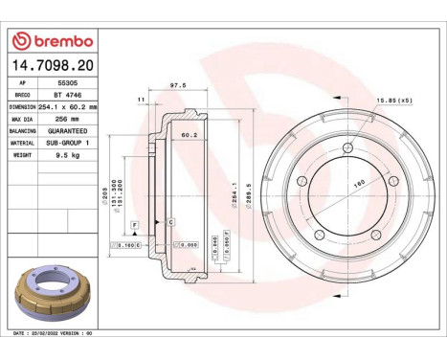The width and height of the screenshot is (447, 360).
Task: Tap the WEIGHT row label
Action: [24, 152]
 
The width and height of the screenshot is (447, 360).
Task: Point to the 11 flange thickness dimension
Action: [140, 99]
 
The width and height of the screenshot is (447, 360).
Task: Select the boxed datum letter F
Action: [135, 222]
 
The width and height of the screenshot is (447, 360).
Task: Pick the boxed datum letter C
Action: [169, 222]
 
